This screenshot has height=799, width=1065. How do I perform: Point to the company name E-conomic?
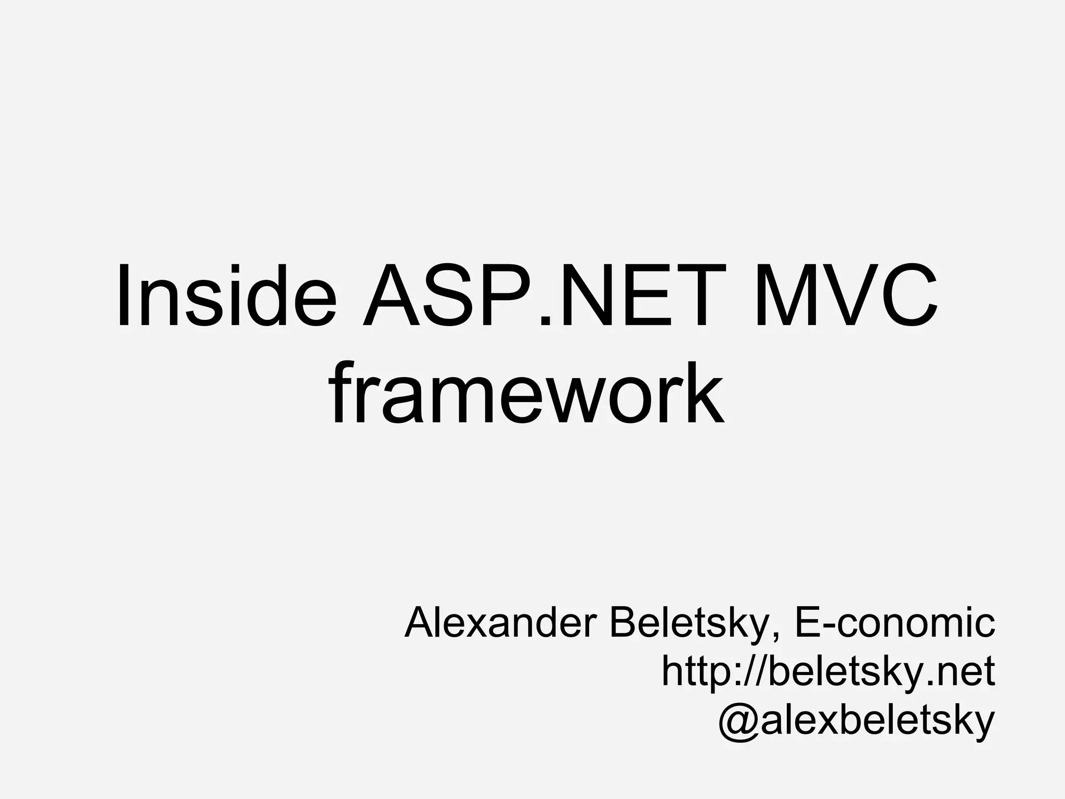(x=894, y=623)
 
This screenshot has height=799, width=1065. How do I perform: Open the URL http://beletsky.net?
(x=828, y=671)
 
